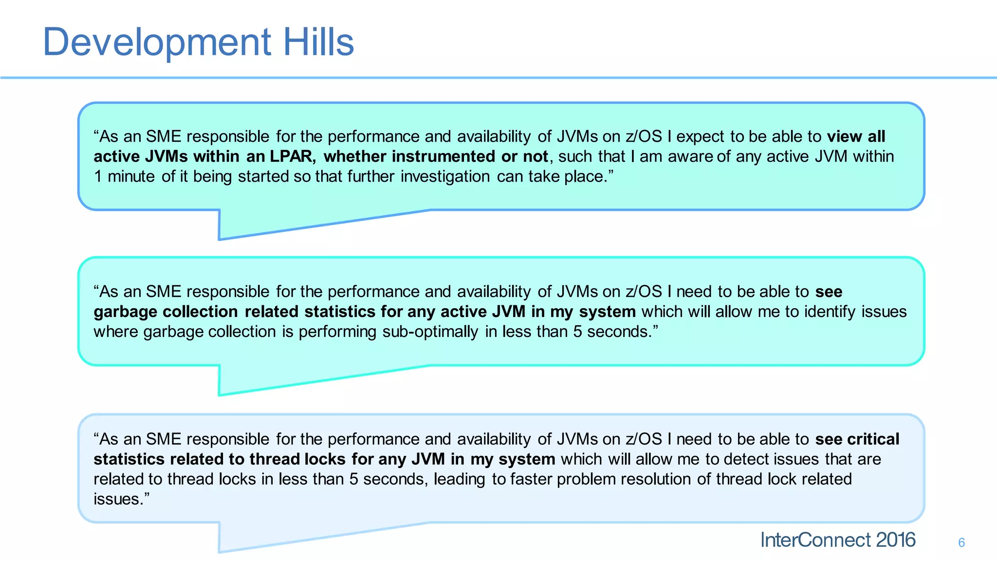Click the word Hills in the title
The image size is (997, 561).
[x=318, y=42]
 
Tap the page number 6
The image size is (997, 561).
[x=961, y=542]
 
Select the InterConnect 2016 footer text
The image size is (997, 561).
[x=837, y=540]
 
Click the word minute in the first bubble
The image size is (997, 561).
[x=131, y=176]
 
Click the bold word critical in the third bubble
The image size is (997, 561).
[x=873, y=439]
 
